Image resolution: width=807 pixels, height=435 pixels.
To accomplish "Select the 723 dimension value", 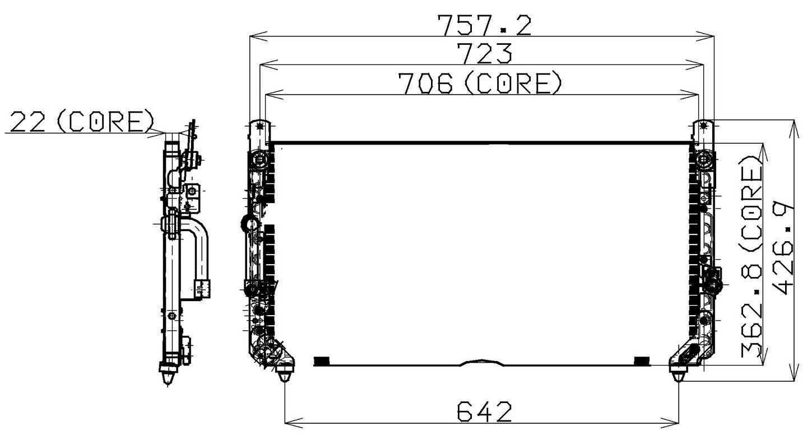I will [484, 53].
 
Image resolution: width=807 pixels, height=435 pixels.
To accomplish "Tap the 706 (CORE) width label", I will [479, 83].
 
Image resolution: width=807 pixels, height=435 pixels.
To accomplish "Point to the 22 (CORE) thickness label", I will [82, 121].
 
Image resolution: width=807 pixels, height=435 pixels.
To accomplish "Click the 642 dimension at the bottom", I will [484, 412].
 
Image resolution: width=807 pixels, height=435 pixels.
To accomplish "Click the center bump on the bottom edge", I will [480, 362].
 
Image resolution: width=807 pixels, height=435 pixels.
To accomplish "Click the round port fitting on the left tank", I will [247, 224].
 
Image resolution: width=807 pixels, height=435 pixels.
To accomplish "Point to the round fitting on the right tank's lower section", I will [713, 286].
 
